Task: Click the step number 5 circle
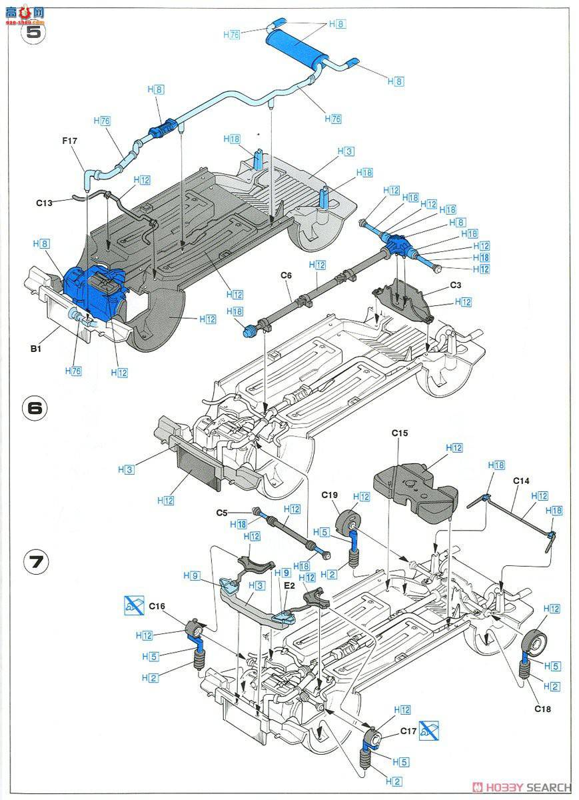tap(33, 33)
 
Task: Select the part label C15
tap(399, 433)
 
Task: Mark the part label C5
tap(223, 512)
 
